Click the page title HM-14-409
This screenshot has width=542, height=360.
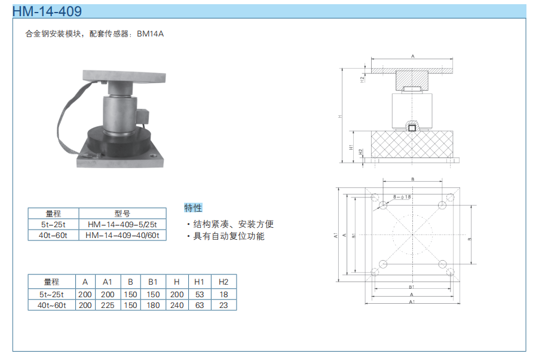tap(47, 11)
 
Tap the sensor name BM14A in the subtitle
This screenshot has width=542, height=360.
tap(150, 34)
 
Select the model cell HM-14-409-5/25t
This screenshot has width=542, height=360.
tap(123, 224)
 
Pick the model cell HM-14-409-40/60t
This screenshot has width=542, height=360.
tap(123, 235)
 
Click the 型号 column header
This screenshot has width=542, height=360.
tap(123, 213)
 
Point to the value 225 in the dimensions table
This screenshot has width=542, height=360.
tap(108, 305)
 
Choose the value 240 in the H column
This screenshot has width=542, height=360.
tap(176, 305)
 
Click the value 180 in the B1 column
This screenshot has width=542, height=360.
tap(152, 305)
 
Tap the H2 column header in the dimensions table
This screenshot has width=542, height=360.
tap(223, 282)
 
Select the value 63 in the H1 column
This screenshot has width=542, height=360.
tap(200, 305)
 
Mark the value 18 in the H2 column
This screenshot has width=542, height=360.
tap(223, 294)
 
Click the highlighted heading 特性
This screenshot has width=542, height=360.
tap(193, 208)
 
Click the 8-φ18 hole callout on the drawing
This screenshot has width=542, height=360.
tap(402, 197)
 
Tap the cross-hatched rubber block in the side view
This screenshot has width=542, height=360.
tap(412, 144)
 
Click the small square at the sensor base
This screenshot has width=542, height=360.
tap(412, 127)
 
